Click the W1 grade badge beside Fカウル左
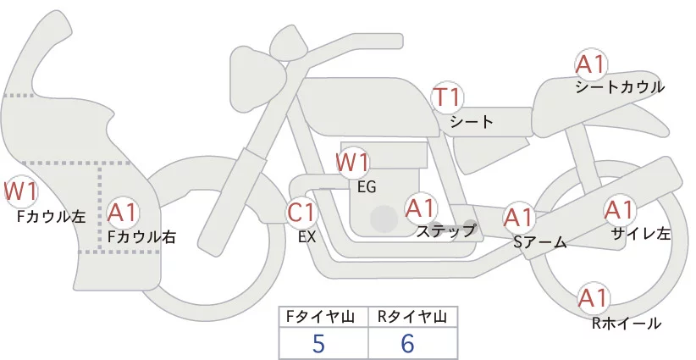[x=20, y=191]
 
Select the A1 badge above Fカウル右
[x=124, y=212]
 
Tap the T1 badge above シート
[x=447, y=97]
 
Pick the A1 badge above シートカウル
[x=591, y=64]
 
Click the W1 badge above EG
[x=353, y=161]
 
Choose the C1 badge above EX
[x=303, y=212]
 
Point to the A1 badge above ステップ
[x=420, y=207]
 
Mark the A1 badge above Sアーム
[x=518, y=217]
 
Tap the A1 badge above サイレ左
[x=619, y=209]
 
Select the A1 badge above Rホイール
[x=593, y=298]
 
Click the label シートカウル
[x=619, y=86]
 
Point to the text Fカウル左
[x=52, y=216]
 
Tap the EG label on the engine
[x=366, y=186]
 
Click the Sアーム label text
[x=539, y=243]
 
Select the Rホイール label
[x=626, y=323]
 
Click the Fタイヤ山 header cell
[x=323, y=317]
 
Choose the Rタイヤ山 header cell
[x=412, y=317]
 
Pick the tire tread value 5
[x=318, y=343]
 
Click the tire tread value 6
[x=408, y=343]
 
